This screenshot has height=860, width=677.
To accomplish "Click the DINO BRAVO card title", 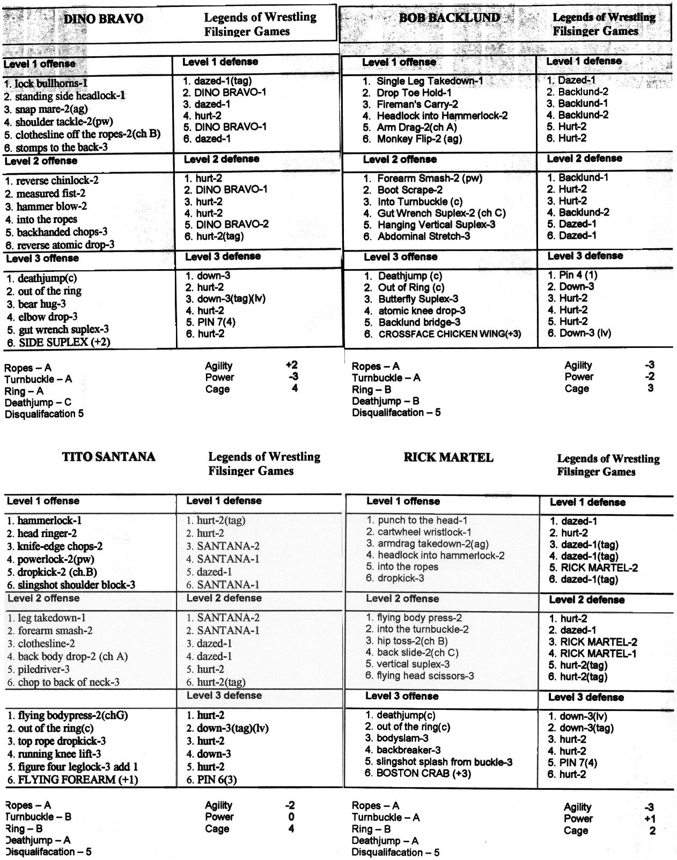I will [103, 19].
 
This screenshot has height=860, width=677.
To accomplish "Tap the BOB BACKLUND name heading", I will [449, 18].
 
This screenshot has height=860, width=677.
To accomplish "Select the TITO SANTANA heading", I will [109, 457].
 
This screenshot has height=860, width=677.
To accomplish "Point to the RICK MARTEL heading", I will [448, 457].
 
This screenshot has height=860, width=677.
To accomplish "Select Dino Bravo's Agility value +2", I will [292, 365].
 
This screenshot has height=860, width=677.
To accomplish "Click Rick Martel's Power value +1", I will [650, 819].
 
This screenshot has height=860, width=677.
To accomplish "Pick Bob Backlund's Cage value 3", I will [651, 388].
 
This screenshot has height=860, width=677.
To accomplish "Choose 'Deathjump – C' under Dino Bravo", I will [38, 402].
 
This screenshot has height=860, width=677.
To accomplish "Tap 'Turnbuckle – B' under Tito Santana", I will [38, 817].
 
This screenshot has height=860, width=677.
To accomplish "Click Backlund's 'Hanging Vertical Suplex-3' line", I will [430, 225].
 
